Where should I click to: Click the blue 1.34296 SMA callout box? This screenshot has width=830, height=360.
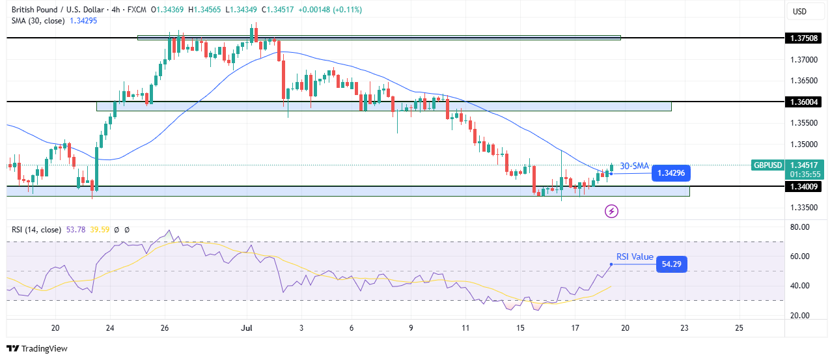671,173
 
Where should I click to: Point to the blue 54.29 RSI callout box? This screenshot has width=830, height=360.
671,264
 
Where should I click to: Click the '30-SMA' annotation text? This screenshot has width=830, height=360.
634,166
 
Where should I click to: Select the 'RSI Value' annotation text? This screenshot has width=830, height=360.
635,256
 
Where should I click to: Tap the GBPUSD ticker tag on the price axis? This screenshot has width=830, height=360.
768,165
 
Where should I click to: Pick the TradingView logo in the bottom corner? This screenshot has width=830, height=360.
37,348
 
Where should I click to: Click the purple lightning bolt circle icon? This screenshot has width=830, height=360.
611,211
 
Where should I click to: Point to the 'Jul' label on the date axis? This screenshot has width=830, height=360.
246,327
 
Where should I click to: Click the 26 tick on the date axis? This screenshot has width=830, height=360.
165,327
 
